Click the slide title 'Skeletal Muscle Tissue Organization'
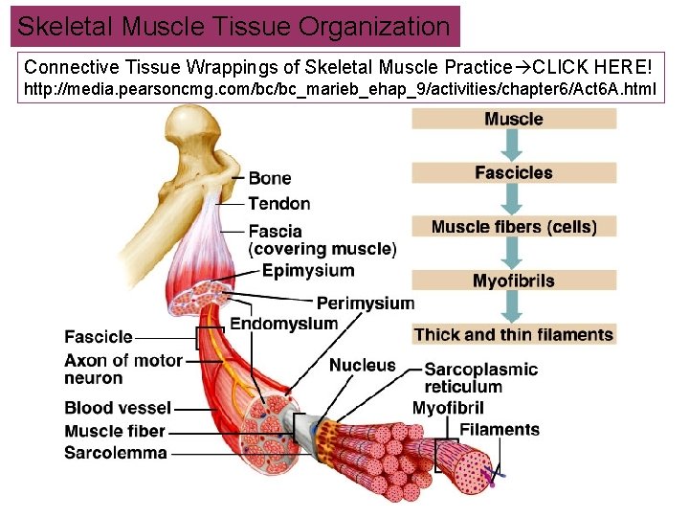coord(234,26)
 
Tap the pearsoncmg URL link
coord(340,90)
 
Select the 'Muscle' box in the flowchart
coord(514,119)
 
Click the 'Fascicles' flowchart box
coord(514,172)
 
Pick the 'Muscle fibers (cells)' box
coord(514,227)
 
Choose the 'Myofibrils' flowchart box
coord(514,281)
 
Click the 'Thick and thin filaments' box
coord(514,335)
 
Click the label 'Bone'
coord(270,178)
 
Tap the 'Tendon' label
coord(279,203)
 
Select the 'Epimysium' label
coord(308,271)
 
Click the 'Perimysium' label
coord(365,303)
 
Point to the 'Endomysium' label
coord(284,324)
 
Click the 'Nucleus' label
coord(362,365)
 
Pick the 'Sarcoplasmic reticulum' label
coord(480,377)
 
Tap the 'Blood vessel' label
coord(118,408)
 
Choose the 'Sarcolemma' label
coord(116,453)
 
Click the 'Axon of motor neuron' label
coord(122,369)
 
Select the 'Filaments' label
coord(500,429)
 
